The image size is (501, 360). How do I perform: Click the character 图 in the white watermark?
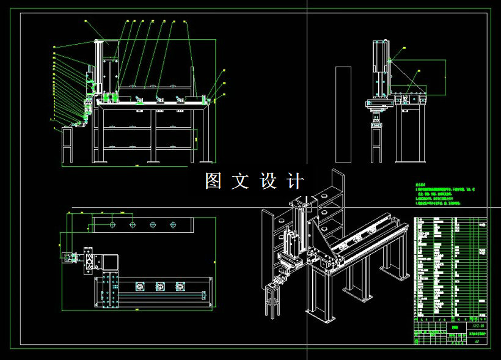click(213, 181)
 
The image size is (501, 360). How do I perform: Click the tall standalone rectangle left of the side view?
click(343, 115)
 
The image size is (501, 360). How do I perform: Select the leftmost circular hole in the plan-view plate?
click(113, 224)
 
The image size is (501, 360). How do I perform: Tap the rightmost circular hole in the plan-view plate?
click(173, 224)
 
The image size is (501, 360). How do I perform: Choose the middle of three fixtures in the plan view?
click(159, 285)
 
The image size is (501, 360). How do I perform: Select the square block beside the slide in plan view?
click(110, 262)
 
